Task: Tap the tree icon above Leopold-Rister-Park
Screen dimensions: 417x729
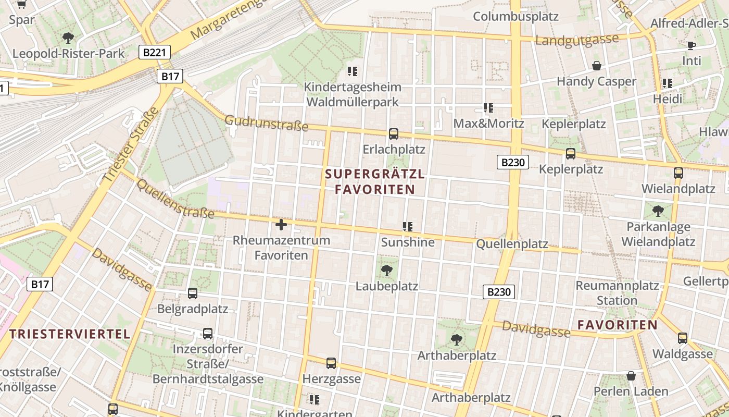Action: pyautogui.click(x=68, y=38)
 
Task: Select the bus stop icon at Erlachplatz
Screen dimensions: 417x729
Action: pyautogui.click(x=394, y=134)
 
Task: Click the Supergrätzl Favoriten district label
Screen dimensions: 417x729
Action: pyautogui.click(x=375, y=182)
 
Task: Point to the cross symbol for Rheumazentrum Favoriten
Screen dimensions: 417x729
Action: pyautogui.click(x=281, y=225)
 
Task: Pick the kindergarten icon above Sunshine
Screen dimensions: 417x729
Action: pyautogui.click(x=407, y=227)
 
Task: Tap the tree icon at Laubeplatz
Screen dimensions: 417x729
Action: pyautogui.click(x=386, y=270)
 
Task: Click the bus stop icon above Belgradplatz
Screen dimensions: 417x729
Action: pyautogui.click(x=193, y=293)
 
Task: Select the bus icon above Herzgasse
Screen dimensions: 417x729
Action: pyautogui.click(x=331, y=363)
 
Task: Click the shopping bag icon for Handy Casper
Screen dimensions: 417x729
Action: pyautogui.click(x=597, y=66)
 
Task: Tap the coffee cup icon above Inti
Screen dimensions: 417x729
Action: pyautogui.click(x=691, y=45)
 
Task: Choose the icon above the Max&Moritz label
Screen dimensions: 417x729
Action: pyautogui.click(x=488, y=108)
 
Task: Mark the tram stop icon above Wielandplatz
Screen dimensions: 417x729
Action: pyautogui.click(x=678, y=173)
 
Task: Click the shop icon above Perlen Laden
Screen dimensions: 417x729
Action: pyautogui.click(x=631, y=376)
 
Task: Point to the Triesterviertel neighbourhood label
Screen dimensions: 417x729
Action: pyautogui.click(x=70, y=334)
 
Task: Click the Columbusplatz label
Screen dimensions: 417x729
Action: pyautogui.click(x=516, y=16)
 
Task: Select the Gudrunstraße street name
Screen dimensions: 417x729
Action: pyautogui.click(x=259, y=124)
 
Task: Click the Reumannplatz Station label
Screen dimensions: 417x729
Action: pyautogui.click(x=617, y=293)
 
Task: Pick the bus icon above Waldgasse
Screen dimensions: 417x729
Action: pyautogui.click(x=683, y=338)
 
